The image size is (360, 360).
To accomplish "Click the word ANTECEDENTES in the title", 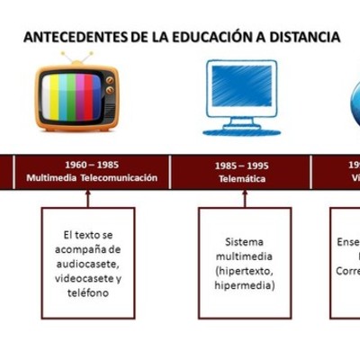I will (x=75, y=38).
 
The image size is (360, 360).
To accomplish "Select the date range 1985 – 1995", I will (x=242, y=166).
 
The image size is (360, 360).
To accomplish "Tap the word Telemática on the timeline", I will (x=242, y=178).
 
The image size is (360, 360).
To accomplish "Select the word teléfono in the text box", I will (x=87, y=292).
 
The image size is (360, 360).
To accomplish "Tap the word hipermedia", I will (x=245, y=285).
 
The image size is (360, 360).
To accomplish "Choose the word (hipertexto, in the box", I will (x=245, y=271).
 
